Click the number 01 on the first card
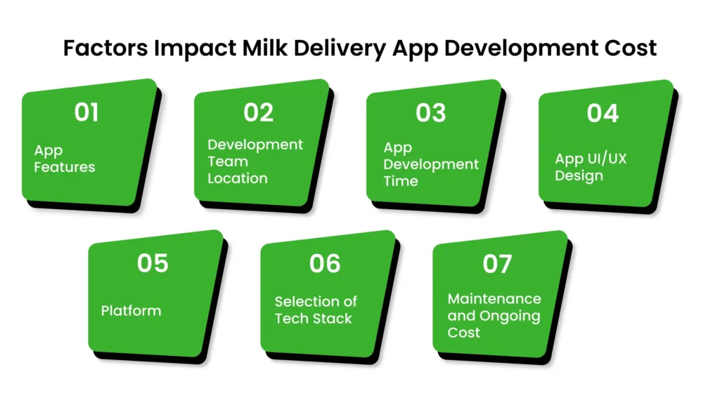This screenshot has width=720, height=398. tap(86, 112)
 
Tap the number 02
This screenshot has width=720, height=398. tap(259, 112)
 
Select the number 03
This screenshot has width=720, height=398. tap(430, 112)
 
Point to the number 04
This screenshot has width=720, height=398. tap(603, 112)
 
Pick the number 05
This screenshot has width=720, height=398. tap(153, 263)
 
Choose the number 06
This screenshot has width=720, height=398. tap(325, 263)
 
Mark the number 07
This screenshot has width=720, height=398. tap(496, 263)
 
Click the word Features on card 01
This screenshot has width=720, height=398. tap(65, 167)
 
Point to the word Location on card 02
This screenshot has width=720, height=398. tap(237, 178)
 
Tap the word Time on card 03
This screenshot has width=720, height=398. tap(401, 181)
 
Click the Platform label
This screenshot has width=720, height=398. tap(131, 310)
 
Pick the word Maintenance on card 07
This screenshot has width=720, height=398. tap(494, 299)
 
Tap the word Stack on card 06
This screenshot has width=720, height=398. tap(334, 318)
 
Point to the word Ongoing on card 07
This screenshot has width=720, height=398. tap(509, 316)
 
